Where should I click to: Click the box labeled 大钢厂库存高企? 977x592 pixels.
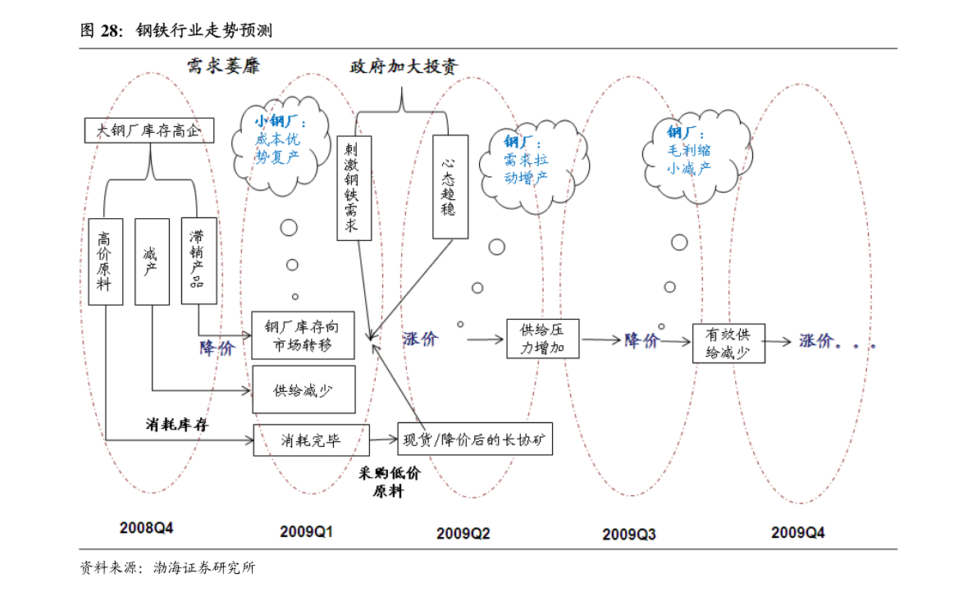149,130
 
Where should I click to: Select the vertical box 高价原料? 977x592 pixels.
105,262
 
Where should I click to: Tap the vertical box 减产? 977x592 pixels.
152,262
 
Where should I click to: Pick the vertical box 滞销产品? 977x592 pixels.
199,261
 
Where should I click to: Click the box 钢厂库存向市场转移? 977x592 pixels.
303,335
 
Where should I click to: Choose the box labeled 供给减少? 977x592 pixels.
304,389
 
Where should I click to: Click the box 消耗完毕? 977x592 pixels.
311,440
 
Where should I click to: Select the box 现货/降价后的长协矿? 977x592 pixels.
475,439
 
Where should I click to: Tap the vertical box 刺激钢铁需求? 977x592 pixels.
354,188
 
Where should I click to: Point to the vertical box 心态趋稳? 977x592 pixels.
450,187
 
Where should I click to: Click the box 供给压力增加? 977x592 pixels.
543,339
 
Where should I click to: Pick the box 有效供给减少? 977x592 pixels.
728,343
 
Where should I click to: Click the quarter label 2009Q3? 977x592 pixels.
628,534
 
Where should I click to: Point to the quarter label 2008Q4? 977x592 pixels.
146,528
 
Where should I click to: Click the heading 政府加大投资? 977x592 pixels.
404,66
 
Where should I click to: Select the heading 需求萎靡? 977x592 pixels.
223,66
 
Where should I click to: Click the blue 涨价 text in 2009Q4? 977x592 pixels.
816,340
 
